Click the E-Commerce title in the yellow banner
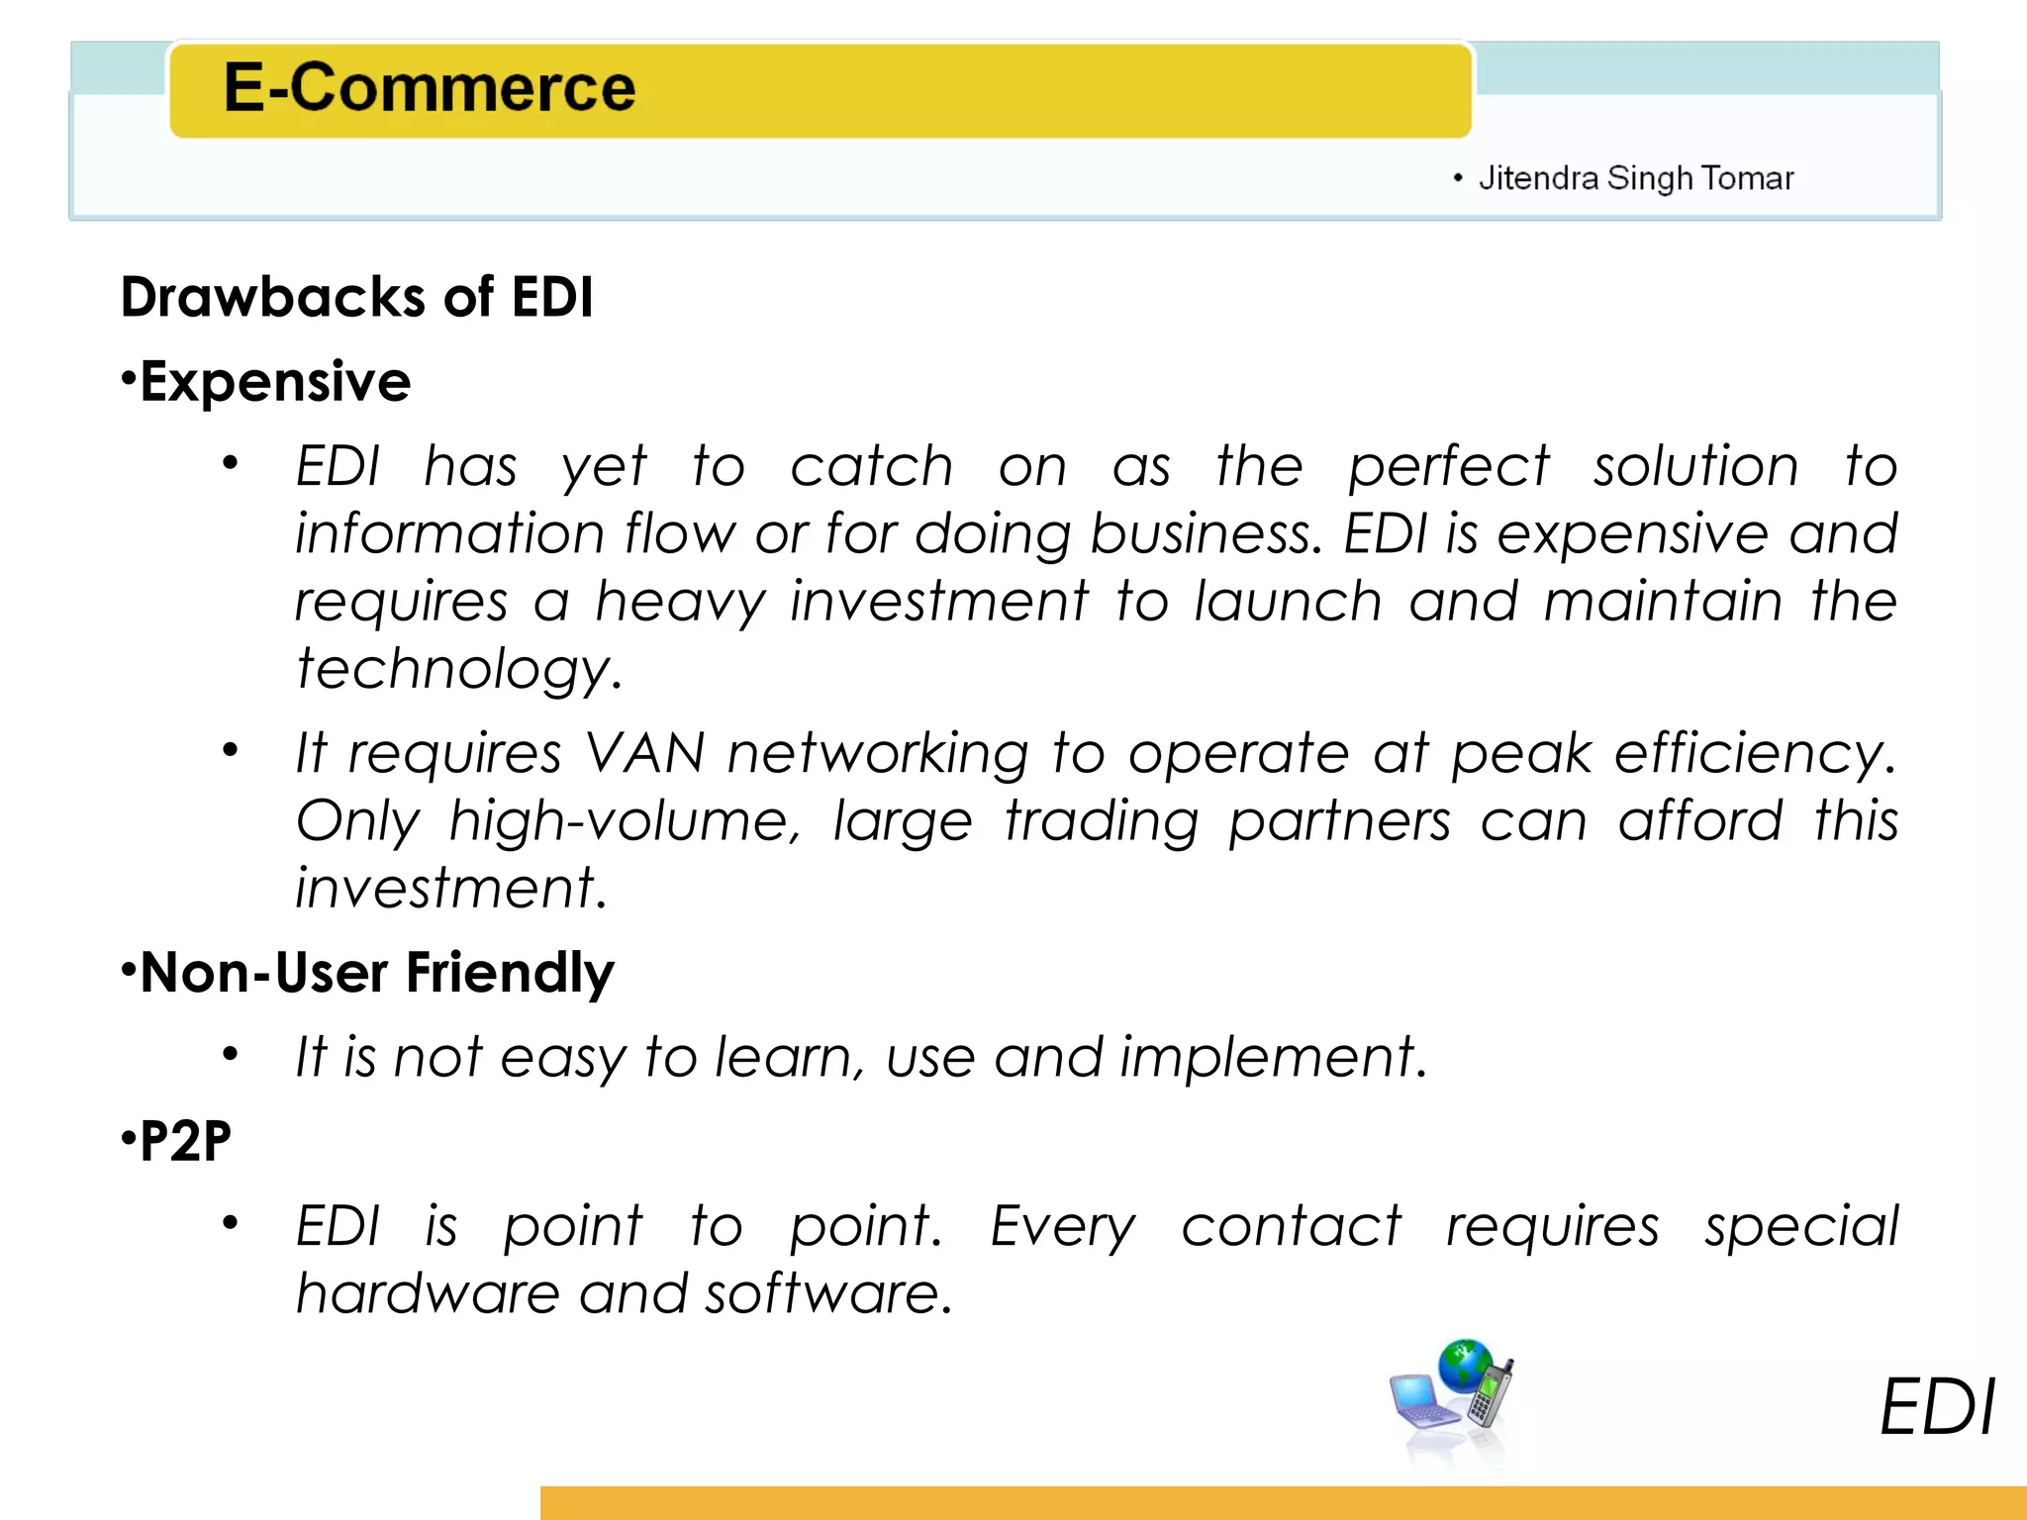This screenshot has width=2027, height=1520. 429,88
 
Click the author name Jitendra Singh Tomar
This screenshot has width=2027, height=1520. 1635,178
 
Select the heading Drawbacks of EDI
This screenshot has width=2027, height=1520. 356,297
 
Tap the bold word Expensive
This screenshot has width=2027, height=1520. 275,382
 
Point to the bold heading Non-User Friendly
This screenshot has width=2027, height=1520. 377,973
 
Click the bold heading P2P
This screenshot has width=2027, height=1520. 185,1141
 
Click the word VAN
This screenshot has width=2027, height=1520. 644,754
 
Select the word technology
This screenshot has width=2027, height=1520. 458,670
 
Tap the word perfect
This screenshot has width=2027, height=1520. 1448,467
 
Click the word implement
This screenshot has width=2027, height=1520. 1273,1058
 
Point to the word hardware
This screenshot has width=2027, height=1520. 428,1293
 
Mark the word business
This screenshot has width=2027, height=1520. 1206,534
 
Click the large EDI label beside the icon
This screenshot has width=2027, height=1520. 1936,1407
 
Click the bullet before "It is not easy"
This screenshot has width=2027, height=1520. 231,1055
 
